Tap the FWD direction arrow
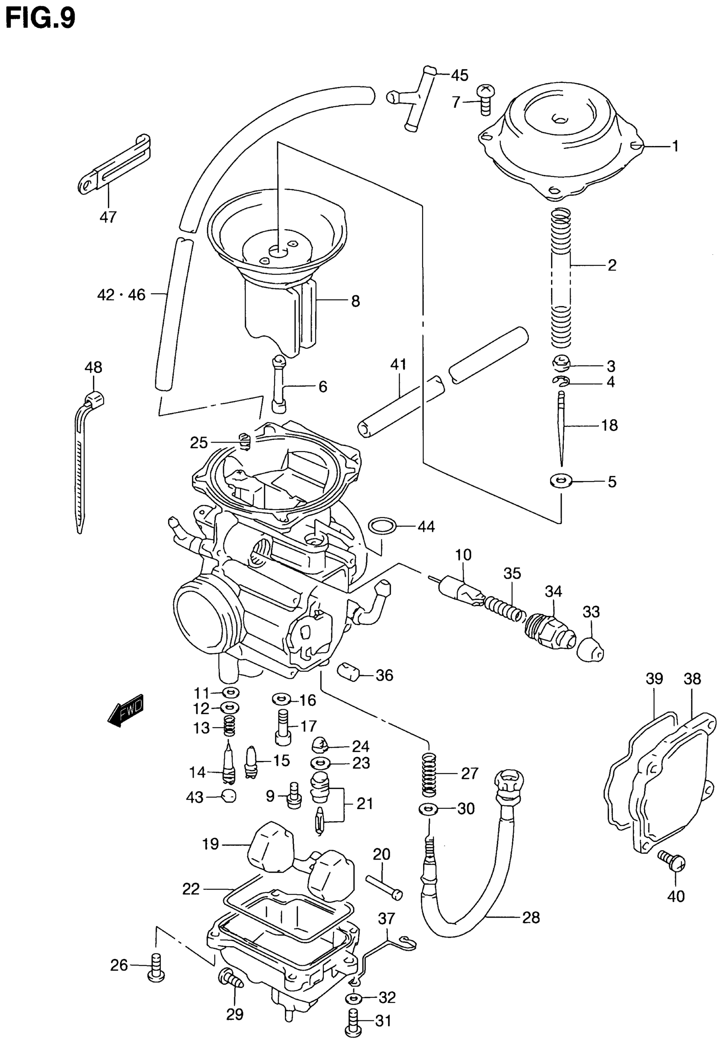click(126, 711)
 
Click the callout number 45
click(459, 76)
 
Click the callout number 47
click(108, 217)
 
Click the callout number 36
click(384, 675)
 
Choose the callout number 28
click(531, 918)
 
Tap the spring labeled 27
click(429, 774)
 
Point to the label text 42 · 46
click(121, 295)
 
